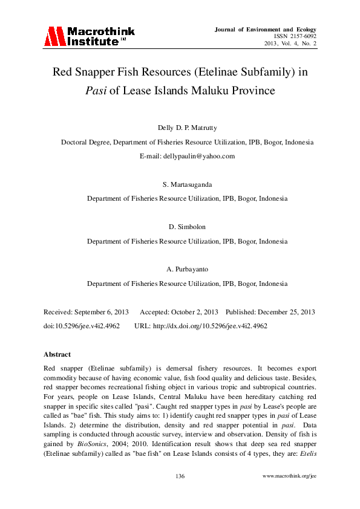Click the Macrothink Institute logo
(x=89, y=36)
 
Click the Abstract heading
(x=57, y=354)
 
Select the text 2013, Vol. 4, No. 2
(x=290, y=44)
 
